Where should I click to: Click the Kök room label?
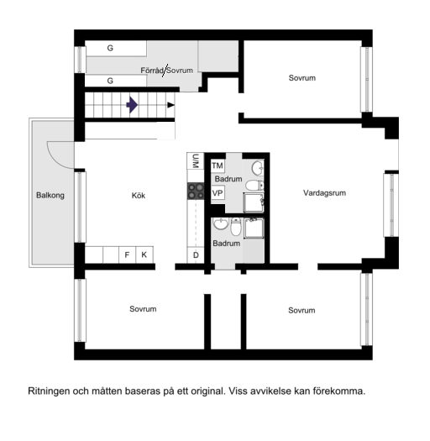click(x=139, y=196)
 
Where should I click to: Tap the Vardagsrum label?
click(x=324, y=193)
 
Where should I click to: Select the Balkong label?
click(x=50, y=195)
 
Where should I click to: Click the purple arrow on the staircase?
click(x=132, y=105)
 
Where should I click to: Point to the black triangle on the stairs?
click(x=171, y=105)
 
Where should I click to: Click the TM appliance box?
click(x=218, y=165)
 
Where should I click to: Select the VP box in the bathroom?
click(x=218, y=193)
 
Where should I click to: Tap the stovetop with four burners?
click(x=196, y=192)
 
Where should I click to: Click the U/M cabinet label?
click(x=196, y=161)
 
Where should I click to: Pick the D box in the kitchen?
click(x=196, y=255)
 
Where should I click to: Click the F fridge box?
click(x=127, y=255)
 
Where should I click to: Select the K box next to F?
click(x=144, y=255)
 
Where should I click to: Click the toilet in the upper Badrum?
click(x=254, y=186)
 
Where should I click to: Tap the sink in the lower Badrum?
click(x=221, y=223)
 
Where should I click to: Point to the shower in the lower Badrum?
click(x=254, y=228)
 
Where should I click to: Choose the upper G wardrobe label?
click(x=110, y=48)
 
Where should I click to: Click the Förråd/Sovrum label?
click(x=167, y=71)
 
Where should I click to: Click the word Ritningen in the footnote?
click(x=49, y=391)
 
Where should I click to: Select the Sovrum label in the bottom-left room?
click(x=143, y=309)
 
